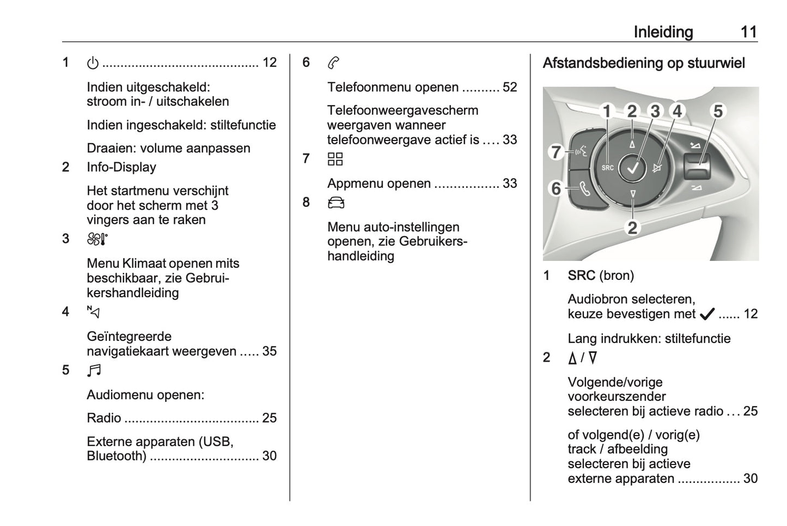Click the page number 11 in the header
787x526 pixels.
coord(749,32)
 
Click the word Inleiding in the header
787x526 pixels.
coord(663,32)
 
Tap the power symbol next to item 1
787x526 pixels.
coord(93,63)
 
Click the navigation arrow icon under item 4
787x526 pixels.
coord(93,312)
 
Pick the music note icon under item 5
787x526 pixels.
coord(94,370)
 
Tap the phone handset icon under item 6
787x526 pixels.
coord(333,63)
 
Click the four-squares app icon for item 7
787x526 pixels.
coord(335,159)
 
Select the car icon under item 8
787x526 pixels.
coord(336,203)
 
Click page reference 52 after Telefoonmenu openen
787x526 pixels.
coord(510,87)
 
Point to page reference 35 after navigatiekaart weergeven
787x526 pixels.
coord(269,351)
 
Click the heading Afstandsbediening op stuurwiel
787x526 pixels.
coord(644,63)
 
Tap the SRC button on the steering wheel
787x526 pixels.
coord(607,168)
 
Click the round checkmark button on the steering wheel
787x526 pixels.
coord(632,168)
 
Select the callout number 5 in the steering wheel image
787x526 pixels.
coord(718,111)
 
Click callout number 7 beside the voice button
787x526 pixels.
coord(556,151)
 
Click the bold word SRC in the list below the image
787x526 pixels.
coord(581,276)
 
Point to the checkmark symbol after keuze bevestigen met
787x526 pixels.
coord(707,314)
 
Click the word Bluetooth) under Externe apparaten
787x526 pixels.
coord(117,456)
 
